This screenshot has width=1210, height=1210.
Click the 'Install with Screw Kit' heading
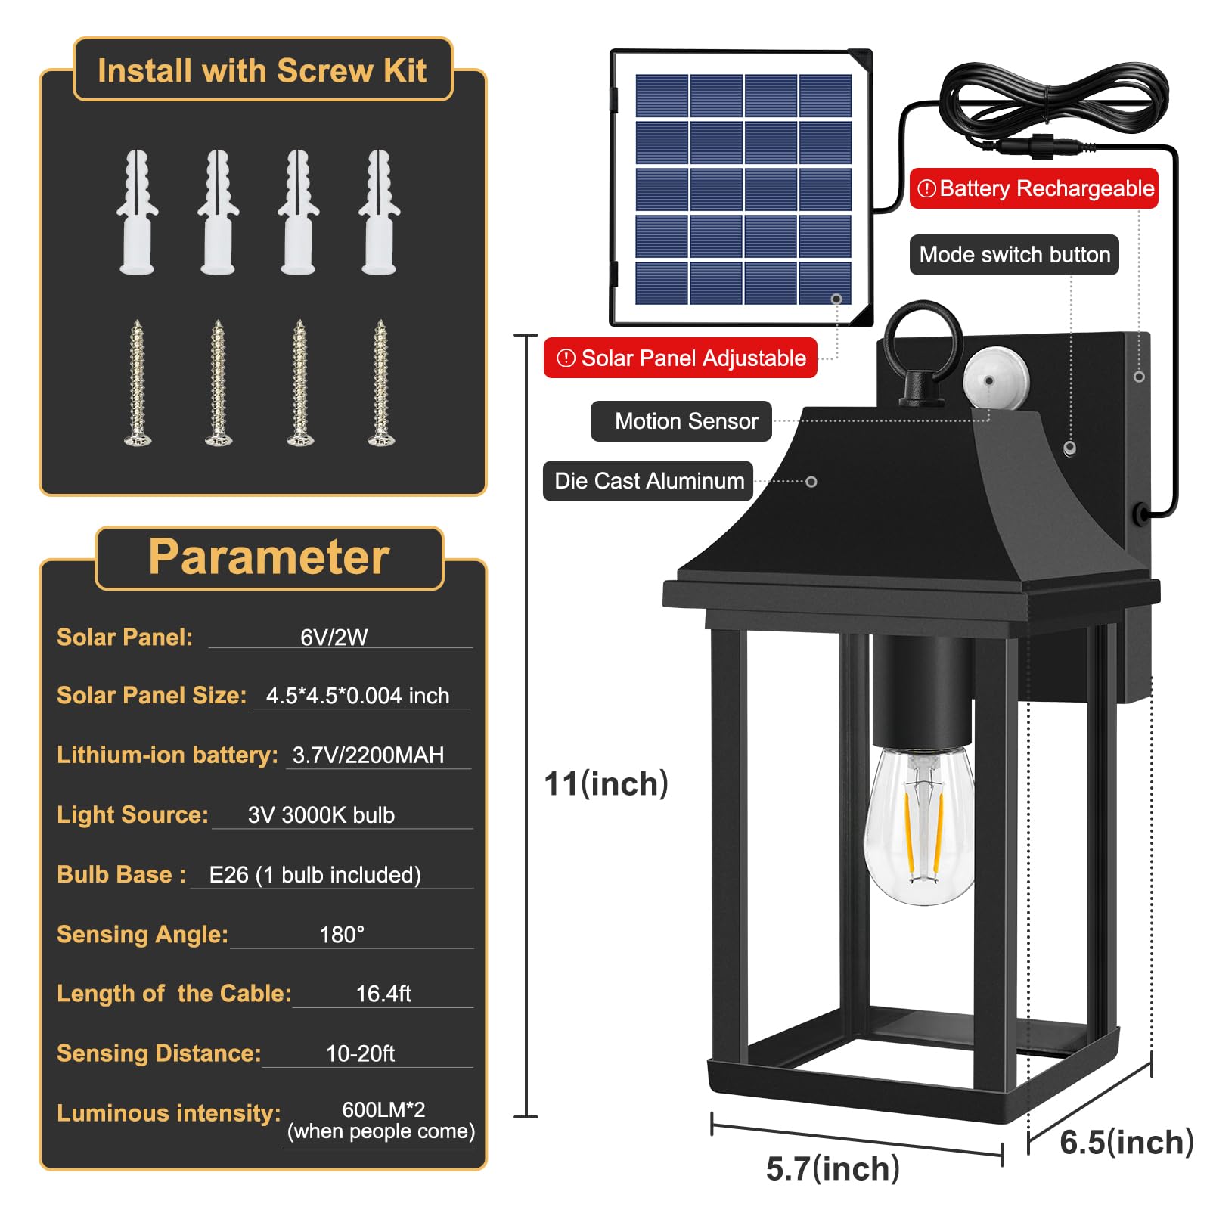coord(262,71)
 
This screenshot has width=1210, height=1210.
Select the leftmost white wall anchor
coord(137,212)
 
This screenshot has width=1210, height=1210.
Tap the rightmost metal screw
coord(380,383)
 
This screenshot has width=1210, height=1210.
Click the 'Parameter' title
coord(268,557)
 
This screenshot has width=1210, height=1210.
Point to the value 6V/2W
coord(334,638)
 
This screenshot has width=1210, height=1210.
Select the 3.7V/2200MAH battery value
coord(368,755)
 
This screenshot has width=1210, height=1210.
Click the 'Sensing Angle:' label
coord(142,934)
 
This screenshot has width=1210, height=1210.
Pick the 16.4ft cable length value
coord(383,994)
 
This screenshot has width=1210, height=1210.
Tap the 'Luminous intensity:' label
coord(169,1113)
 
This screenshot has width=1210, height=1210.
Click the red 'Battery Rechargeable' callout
coord(1034,188)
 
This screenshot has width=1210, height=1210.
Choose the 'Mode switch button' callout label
coord(1014,255)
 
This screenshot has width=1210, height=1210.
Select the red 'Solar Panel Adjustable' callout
coord(681,358)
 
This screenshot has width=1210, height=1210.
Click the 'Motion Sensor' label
coord(681,421)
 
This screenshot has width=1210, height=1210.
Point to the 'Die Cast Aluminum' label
coord(648,481)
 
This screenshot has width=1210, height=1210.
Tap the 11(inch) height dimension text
coord(607,784)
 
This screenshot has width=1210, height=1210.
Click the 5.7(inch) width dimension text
coord(833,1169)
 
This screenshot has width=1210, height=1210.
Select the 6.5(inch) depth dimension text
coord(1127,1142)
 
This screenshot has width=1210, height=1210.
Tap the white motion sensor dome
coord(995,378)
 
